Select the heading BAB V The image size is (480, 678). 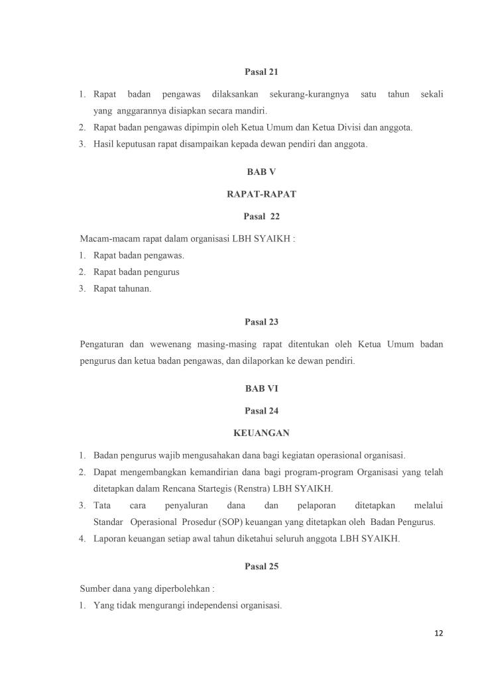tap(261, 171)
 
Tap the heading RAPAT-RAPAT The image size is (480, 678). tap(261, 194)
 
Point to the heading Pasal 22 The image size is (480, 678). tap(261, 216)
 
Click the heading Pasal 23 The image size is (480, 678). tap(261, 322)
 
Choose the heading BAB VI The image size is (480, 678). tap(261, 389)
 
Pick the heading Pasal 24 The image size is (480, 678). tap(261, 411)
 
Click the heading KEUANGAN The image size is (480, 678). tap(261, 433)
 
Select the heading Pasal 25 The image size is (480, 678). tap(261, 567)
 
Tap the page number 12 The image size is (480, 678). tap(438, 634)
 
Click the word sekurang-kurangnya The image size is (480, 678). tap(309, 95)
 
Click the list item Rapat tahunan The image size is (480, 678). tap(122, 288)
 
